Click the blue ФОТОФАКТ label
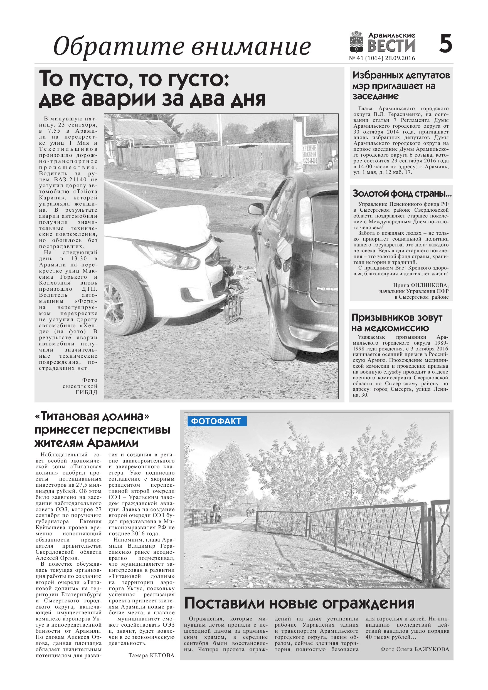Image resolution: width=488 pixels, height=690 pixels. click(216, 421)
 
